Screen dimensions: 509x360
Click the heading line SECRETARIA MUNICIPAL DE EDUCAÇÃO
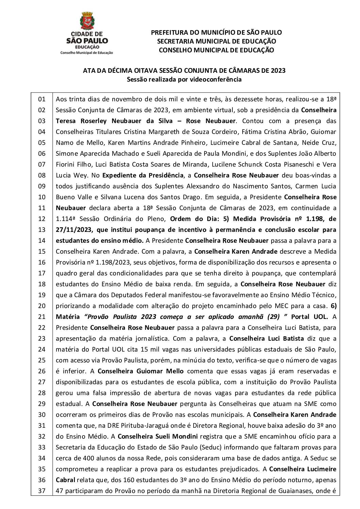tap(216, 41)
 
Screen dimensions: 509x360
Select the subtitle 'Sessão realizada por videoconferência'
tap(184, 80)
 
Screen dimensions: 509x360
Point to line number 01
tap(42, 99)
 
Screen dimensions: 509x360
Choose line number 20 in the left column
tap(42, 306)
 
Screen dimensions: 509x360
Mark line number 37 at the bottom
tap(42, 491)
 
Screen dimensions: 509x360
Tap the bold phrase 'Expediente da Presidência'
tap(143, 175)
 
